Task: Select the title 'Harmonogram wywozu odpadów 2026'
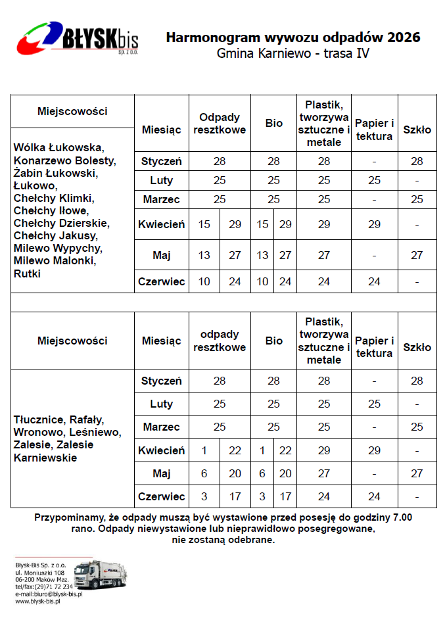click(x=293, y=37)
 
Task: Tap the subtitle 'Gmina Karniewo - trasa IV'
click(x=293, y=53)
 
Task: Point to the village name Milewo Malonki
click(x=55, y=261)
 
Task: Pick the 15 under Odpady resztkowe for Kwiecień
click(x=204, y=224)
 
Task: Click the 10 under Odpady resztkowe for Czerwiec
click(x=204, y=281)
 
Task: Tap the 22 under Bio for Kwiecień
click(x=285, y=450)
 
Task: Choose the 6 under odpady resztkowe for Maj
click(x=204, y=473)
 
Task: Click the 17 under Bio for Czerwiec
click(x=285, y=496)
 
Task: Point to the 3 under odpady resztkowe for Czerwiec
click(x=204, y=496)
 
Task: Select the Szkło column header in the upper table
click(x=417, y=130)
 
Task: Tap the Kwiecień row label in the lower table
click(x=161, y=450)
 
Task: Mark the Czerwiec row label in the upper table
click(x=161, y=281)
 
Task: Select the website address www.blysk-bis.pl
click(x=37, y=601)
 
